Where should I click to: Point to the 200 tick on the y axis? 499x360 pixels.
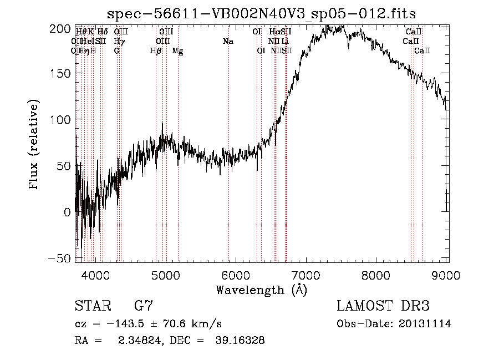coord(76,28)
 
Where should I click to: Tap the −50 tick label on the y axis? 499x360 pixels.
coord(60,258)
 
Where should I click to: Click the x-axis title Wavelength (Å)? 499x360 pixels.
coord(261,290)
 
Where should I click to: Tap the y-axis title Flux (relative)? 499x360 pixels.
coord(34,145)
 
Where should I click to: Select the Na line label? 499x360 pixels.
coord(228,41)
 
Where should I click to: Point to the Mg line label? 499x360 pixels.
coord(177,51)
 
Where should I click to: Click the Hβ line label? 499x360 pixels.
coord(156,51)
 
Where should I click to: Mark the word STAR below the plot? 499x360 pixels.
coord(93,306)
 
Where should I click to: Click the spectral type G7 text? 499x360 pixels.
coord(144,306)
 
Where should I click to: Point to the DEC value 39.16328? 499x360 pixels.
coord(240,341)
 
